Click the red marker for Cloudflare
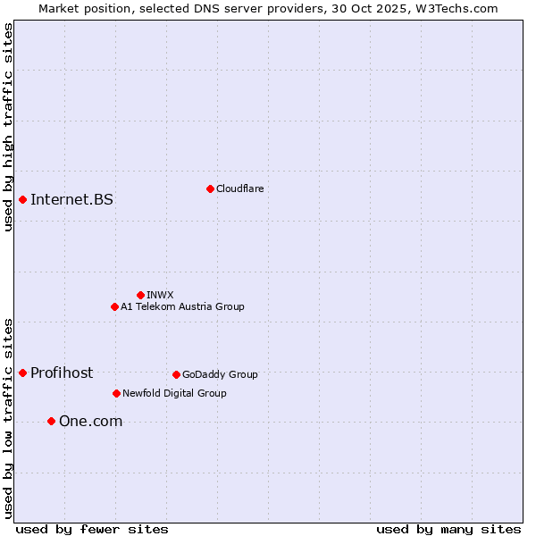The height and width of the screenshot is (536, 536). click(x=210, y=188)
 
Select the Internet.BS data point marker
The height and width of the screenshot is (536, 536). click(x=22, y=199)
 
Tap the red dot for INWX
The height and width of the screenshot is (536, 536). click(x=140, y=295)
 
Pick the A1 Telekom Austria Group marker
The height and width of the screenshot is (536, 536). click(x=114, y=306)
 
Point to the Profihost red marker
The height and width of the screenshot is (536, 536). click(x=22, y=373)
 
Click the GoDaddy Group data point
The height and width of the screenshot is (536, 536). click(x=176, y=374)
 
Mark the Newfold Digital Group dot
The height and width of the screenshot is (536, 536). click(x=116, y=393)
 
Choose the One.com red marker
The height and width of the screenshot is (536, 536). click(x=51, y=421)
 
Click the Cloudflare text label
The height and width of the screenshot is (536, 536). click(x=239, y=188)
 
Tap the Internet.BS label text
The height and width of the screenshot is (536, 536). click(x=71, y=199)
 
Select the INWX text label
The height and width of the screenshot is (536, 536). click(x=160, y=295)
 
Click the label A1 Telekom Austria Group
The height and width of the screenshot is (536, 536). click(x=182, y=306)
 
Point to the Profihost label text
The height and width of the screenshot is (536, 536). click(x=62, y=373)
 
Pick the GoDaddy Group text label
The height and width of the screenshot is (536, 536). click(x=220, y=374)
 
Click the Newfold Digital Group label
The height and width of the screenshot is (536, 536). click(x=174, y=393)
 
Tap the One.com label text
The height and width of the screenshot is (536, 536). click(x=90, y=421)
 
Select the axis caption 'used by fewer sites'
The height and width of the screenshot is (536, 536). click(x=92, y=529)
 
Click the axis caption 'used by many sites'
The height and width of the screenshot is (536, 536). click(x=448, y=529)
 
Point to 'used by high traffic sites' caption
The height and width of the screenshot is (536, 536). click(x=9, y=127)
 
